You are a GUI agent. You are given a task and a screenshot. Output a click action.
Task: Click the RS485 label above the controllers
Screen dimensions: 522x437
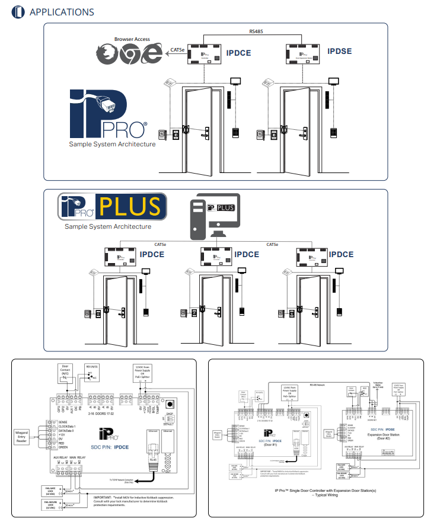pos(258,30)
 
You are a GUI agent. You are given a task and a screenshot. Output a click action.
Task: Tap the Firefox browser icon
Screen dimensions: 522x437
pos(109,53)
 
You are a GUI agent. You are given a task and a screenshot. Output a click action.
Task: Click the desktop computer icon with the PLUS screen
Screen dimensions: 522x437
pos(213,217)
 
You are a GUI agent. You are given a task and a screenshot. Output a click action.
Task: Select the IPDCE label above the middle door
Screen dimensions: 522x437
pos(246,254)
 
